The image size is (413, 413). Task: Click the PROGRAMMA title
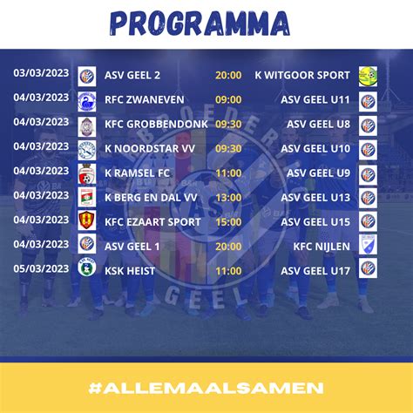206,22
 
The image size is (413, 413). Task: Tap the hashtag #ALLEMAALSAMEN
206,386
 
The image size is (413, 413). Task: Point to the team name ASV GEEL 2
134,76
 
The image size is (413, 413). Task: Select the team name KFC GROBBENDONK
155,125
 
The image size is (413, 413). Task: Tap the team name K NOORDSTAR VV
148,149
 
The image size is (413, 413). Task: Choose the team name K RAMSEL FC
138,173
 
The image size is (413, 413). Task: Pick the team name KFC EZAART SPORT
152,222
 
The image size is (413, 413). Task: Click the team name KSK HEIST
131,271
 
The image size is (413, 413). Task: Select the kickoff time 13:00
228,198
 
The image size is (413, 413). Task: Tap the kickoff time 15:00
228,222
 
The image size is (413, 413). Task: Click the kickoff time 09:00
228,100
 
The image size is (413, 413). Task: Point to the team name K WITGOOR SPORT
302,76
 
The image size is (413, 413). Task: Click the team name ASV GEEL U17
315,271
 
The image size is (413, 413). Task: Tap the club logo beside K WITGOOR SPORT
368,76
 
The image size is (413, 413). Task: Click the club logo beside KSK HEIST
86,271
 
